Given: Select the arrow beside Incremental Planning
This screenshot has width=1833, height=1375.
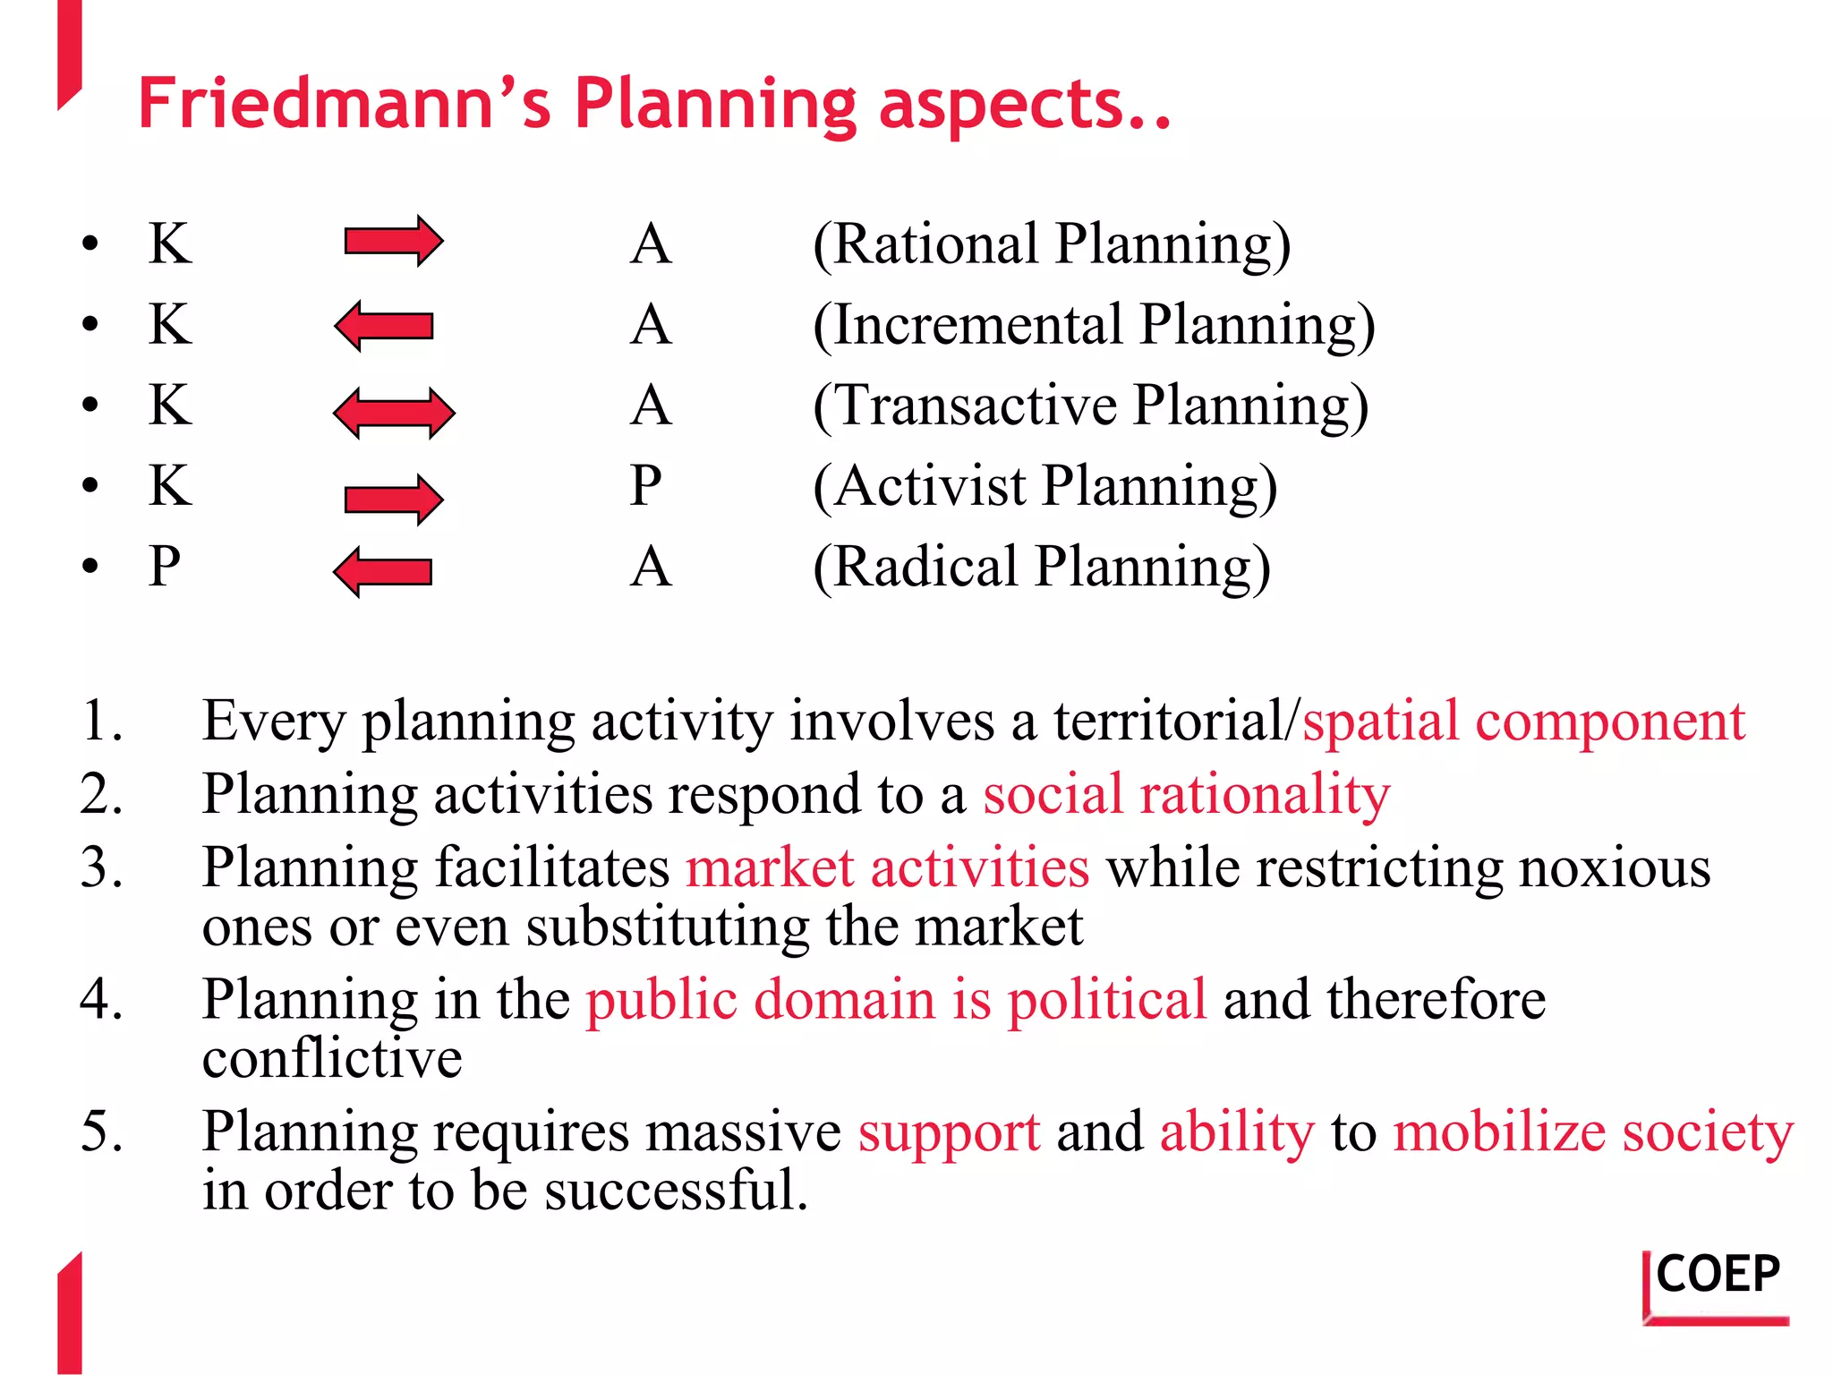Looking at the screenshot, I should click(x=384, y=325).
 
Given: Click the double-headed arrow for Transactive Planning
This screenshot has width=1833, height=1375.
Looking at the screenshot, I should click(x=394, y=413).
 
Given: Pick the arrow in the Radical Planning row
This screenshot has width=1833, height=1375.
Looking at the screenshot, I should click(x=383, y=571).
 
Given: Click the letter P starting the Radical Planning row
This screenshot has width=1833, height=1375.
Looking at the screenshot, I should click(x=165, y=567).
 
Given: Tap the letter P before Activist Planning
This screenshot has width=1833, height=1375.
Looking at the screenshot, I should click(x=645, y=486).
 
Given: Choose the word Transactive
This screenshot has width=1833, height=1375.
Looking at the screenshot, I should click(x=976, y=406).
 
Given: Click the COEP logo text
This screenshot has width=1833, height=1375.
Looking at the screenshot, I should click(x=1718, y=1275).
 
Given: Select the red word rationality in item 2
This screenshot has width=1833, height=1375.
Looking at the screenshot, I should click(x=1265, y=795).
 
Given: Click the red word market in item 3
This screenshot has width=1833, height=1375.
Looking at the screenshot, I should click(x=770, y=868).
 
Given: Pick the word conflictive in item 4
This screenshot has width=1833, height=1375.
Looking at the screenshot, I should click(x=332, y=1059).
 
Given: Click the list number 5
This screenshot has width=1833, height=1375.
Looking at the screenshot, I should click(x=100, y=1131).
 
